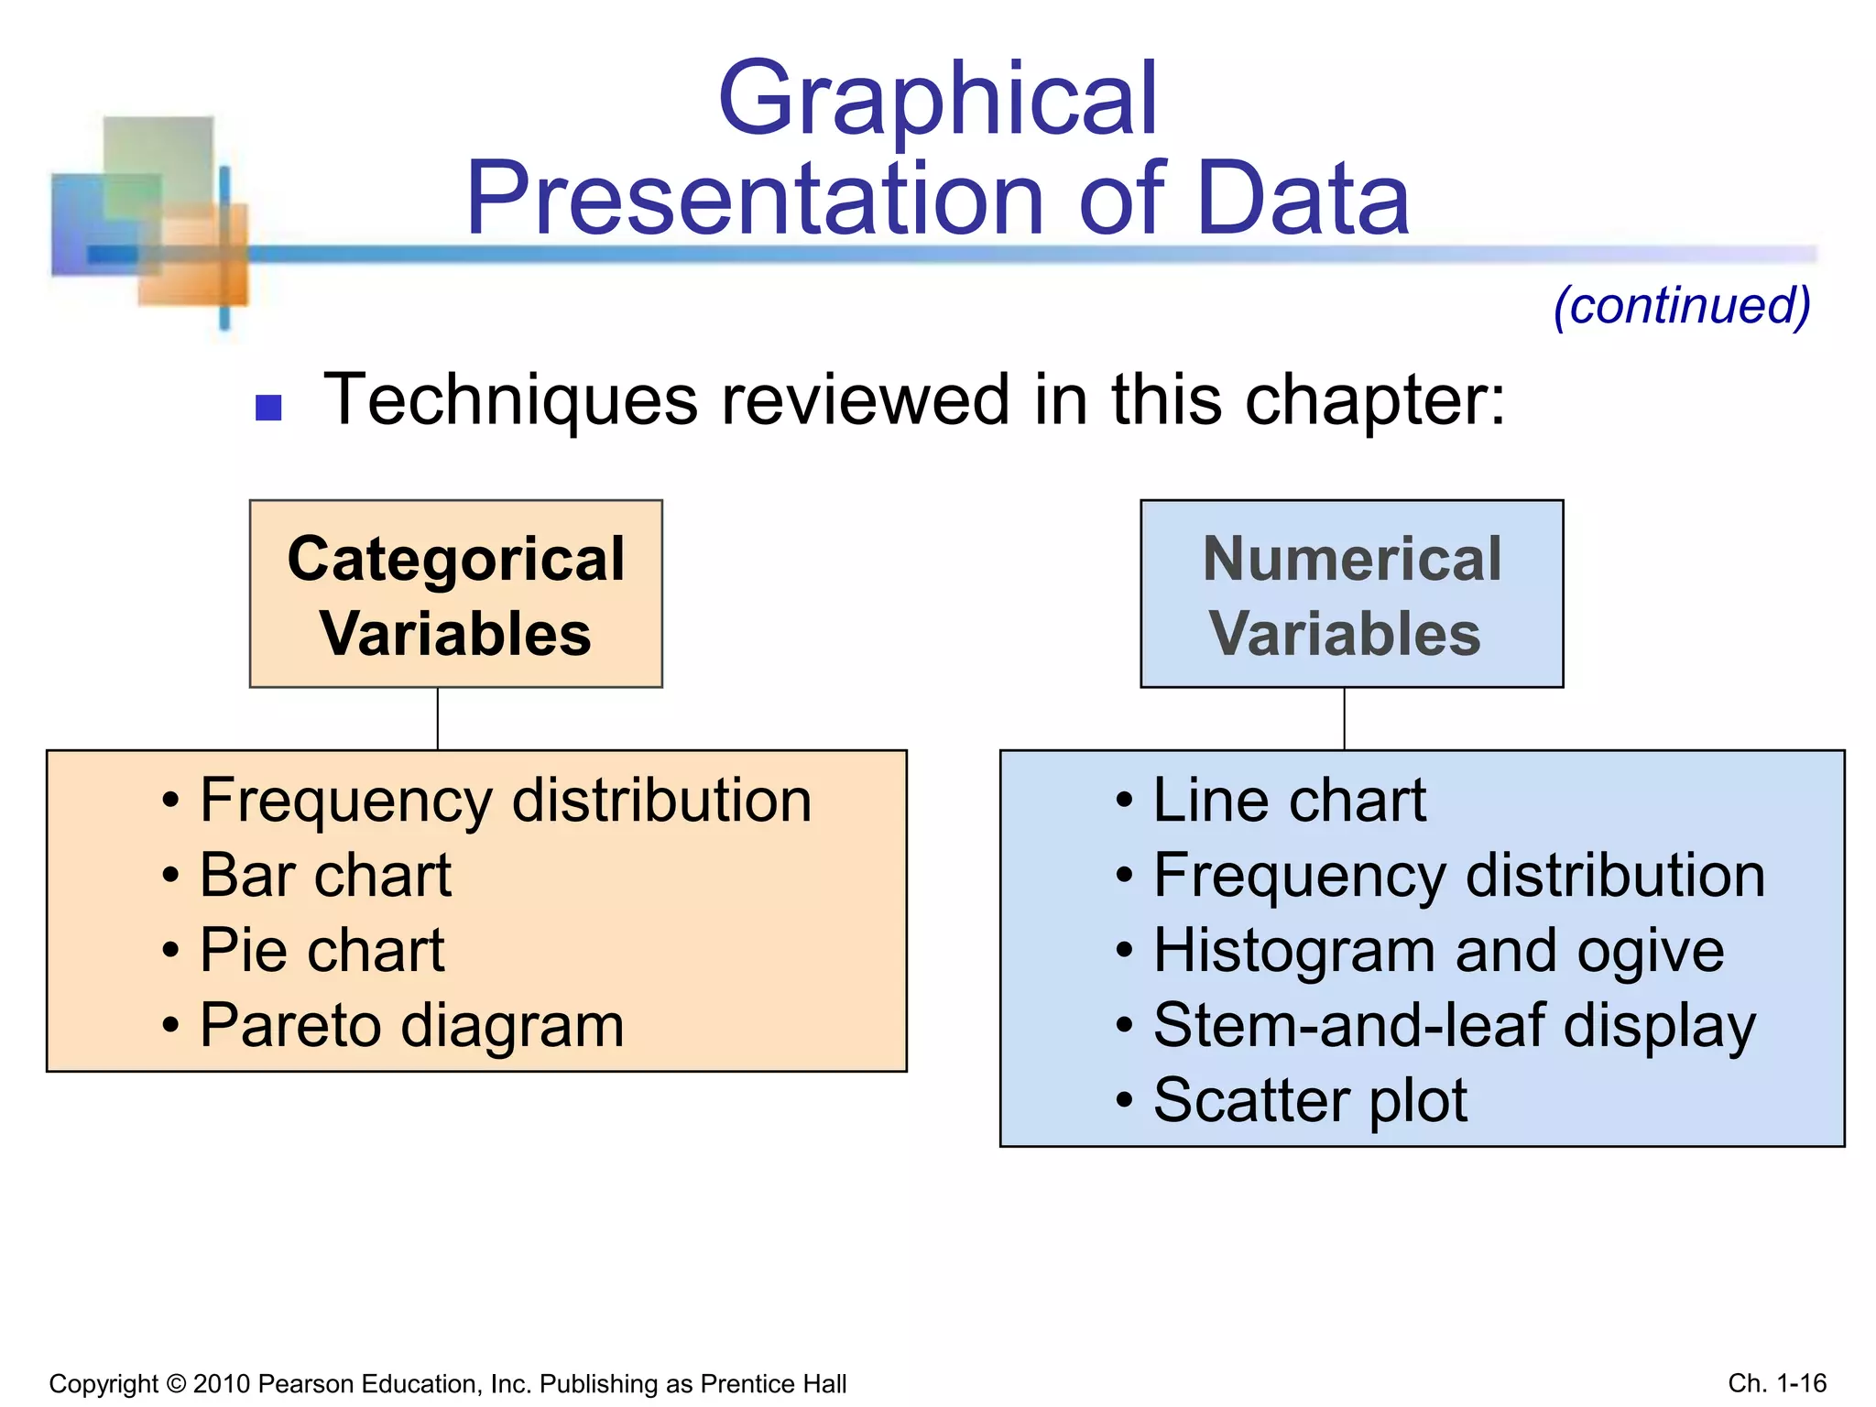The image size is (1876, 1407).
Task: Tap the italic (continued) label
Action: point(1682,305)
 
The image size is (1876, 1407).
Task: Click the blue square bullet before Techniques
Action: point(268,407)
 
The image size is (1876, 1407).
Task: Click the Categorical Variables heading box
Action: point(455,594)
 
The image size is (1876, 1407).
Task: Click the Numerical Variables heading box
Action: point(1351,594)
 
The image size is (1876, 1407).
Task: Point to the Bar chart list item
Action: point(325,875)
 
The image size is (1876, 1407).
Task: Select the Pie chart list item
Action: point(322,950)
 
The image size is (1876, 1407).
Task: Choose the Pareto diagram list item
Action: point(411,1025)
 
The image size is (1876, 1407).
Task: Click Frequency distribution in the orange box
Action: point(506,801)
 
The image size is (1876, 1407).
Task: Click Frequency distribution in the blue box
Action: point(1458,876)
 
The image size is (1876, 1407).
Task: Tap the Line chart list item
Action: point(1288,801)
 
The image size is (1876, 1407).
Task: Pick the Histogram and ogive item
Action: point(1438,951)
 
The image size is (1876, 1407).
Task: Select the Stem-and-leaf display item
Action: point(1454,1025)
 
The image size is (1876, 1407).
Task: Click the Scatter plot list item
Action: point(1310,1100)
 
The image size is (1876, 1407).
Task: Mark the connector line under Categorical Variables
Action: point(438,719)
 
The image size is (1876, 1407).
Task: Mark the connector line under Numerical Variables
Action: point(1344,719)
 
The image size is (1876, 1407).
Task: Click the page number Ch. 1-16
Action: point(1777,1383)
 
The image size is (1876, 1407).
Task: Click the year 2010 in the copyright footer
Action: point(222,1384)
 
